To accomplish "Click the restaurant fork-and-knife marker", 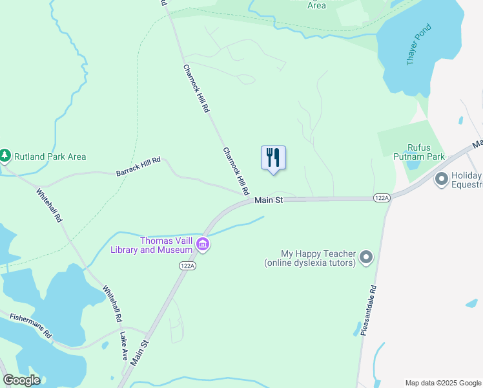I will (x=273, y=157).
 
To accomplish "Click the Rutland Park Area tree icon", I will (x=5, y=156).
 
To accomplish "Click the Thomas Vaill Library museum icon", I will (x=203, y=244).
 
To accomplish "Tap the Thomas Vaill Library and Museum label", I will (x=152, y=245).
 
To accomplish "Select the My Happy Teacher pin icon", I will (x=366, y=258).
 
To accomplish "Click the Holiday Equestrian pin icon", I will (x=442, y=178).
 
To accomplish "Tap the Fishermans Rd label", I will (x=30, y=325).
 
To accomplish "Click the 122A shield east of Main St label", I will (x=381, y=197).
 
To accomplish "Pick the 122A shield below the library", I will (x=187, y=265).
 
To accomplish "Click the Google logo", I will (x=22, y=380).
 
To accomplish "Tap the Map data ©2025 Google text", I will (x=443, y=383).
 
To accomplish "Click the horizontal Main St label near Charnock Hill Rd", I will (x=269, y=200).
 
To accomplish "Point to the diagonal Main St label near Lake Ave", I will (x=139, y=352).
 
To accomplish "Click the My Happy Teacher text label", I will (x=310, y=258).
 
